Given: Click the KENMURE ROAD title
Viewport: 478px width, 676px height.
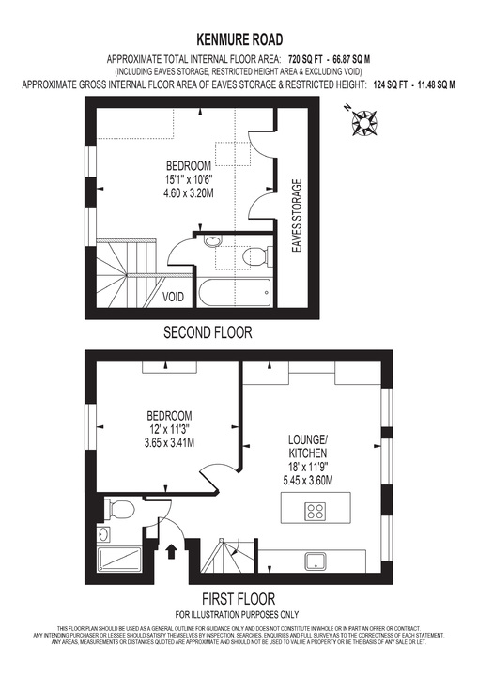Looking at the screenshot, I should pyautogui.click(x=239, y=39).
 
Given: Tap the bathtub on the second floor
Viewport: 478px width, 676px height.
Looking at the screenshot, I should pyautogui.click(x=235, y=292).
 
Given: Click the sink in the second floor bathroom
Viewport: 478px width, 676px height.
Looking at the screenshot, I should pyautogui.click(x=212, y=241).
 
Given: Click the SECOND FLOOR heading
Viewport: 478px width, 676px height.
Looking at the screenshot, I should pyautogui.click(x=208, y=332).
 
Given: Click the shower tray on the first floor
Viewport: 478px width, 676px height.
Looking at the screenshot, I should pyautogui.click(x=121, y=561).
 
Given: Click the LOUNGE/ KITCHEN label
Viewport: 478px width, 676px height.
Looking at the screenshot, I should pyautogui.click(x=307, y=447).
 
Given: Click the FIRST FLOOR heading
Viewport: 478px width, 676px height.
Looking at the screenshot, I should pyautogui.click(x=238, y=598).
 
